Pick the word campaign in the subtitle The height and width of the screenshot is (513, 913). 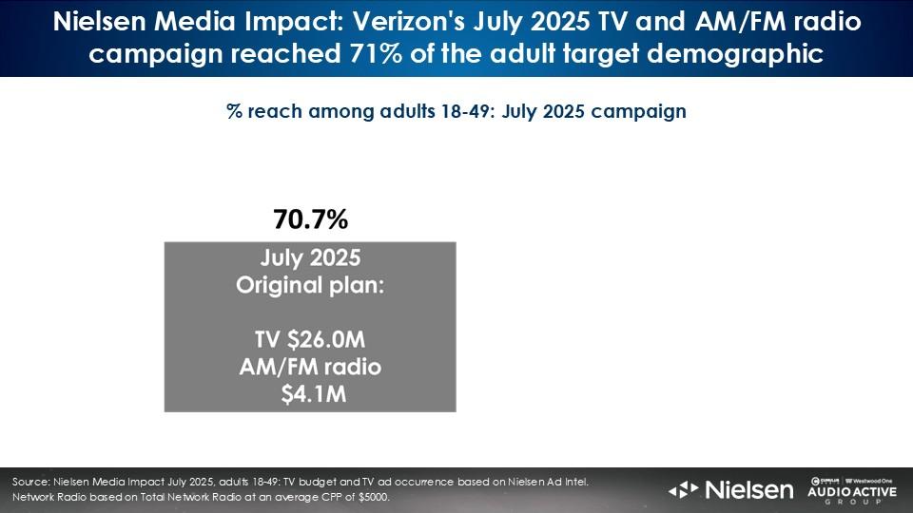pyautogui.click(x=638, y=110)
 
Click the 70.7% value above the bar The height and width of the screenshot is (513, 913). pyautogui.click(x=310, y=221)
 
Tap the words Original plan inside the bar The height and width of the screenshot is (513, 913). pyautogui.click(x=310, y=285)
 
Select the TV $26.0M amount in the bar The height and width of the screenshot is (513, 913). pyautogui.click(x=310, y=340)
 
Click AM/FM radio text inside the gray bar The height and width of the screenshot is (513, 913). pyautogui.click(x=310, y=367)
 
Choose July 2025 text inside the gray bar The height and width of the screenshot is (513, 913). pyautogui.click(x=310, y=258)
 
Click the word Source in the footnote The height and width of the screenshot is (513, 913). pyautogui.click(x=31, y=483)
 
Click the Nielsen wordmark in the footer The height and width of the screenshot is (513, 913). pyautogui.click(x=748, y=490)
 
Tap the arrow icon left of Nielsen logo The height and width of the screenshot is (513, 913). pyautogui.click(x=684, y=490)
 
